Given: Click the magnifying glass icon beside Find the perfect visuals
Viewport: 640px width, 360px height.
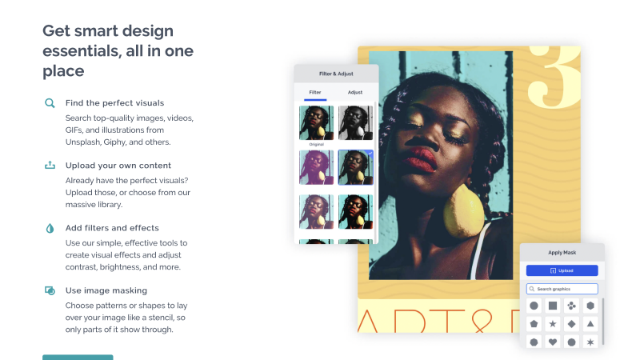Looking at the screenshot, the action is pyautogui.click(x=50, y=103).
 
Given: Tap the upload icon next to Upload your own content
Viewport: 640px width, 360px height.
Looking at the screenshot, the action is pyautogui.click(x=50, y=165).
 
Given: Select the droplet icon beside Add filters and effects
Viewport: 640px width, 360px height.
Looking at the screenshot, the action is pyautogui.click(x=50, y=228).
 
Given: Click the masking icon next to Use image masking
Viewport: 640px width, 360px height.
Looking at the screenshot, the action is pyautogui.click(x=50, y=290).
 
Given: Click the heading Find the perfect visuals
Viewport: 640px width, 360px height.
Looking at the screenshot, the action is pyautogui.click(x=114, y=103).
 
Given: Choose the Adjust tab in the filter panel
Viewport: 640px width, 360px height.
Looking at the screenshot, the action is pyautogui.click(x=355, y=92).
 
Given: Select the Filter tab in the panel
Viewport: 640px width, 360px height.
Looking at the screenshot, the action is pyautogui.click(x=315, y=92).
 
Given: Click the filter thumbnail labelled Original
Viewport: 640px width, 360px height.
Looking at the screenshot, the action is pyautogui.click(x=316, y=123).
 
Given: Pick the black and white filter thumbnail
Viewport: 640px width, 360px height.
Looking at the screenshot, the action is pyautogui.click(x=355, y=123).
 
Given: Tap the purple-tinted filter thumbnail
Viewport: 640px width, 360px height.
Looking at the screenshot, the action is pyautogui.click(x=316, y=167).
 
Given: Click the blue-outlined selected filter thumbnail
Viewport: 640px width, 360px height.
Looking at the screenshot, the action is pyautogui.click(x=355, y=167).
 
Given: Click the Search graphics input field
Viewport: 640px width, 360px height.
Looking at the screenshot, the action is pyautogui.click(x=562, y=289).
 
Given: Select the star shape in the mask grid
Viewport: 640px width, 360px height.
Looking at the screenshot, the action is pyautogui.click(x=553, y=324).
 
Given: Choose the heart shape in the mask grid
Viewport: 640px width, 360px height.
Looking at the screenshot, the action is pyautogui.click(x=553, y=342).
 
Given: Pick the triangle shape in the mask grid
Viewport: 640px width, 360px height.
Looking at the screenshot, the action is pyautogui.click(x=590, y=324).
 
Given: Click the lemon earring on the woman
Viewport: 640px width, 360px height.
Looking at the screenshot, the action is pyautogui.click(x=464, y=210).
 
